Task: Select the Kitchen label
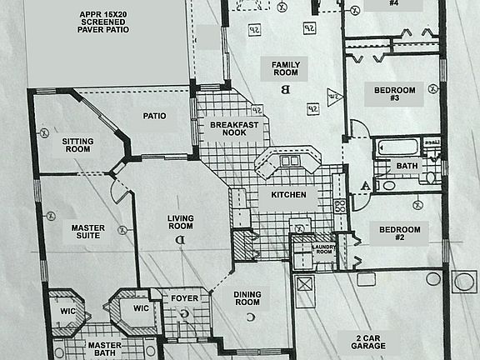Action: coord(288,195)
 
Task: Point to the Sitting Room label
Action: coord(77,146)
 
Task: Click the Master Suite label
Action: coord(87,231)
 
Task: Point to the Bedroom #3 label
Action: coord(390,93)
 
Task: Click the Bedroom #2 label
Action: coord(399,233)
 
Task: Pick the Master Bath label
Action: coord(105,350)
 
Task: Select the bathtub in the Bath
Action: coord(397,150)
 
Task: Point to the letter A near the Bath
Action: coord(363,185)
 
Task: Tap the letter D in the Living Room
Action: coord(179,241)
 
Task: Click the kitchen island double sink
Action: coord(289,160)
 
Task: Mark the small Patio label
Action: coord(154,116)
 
